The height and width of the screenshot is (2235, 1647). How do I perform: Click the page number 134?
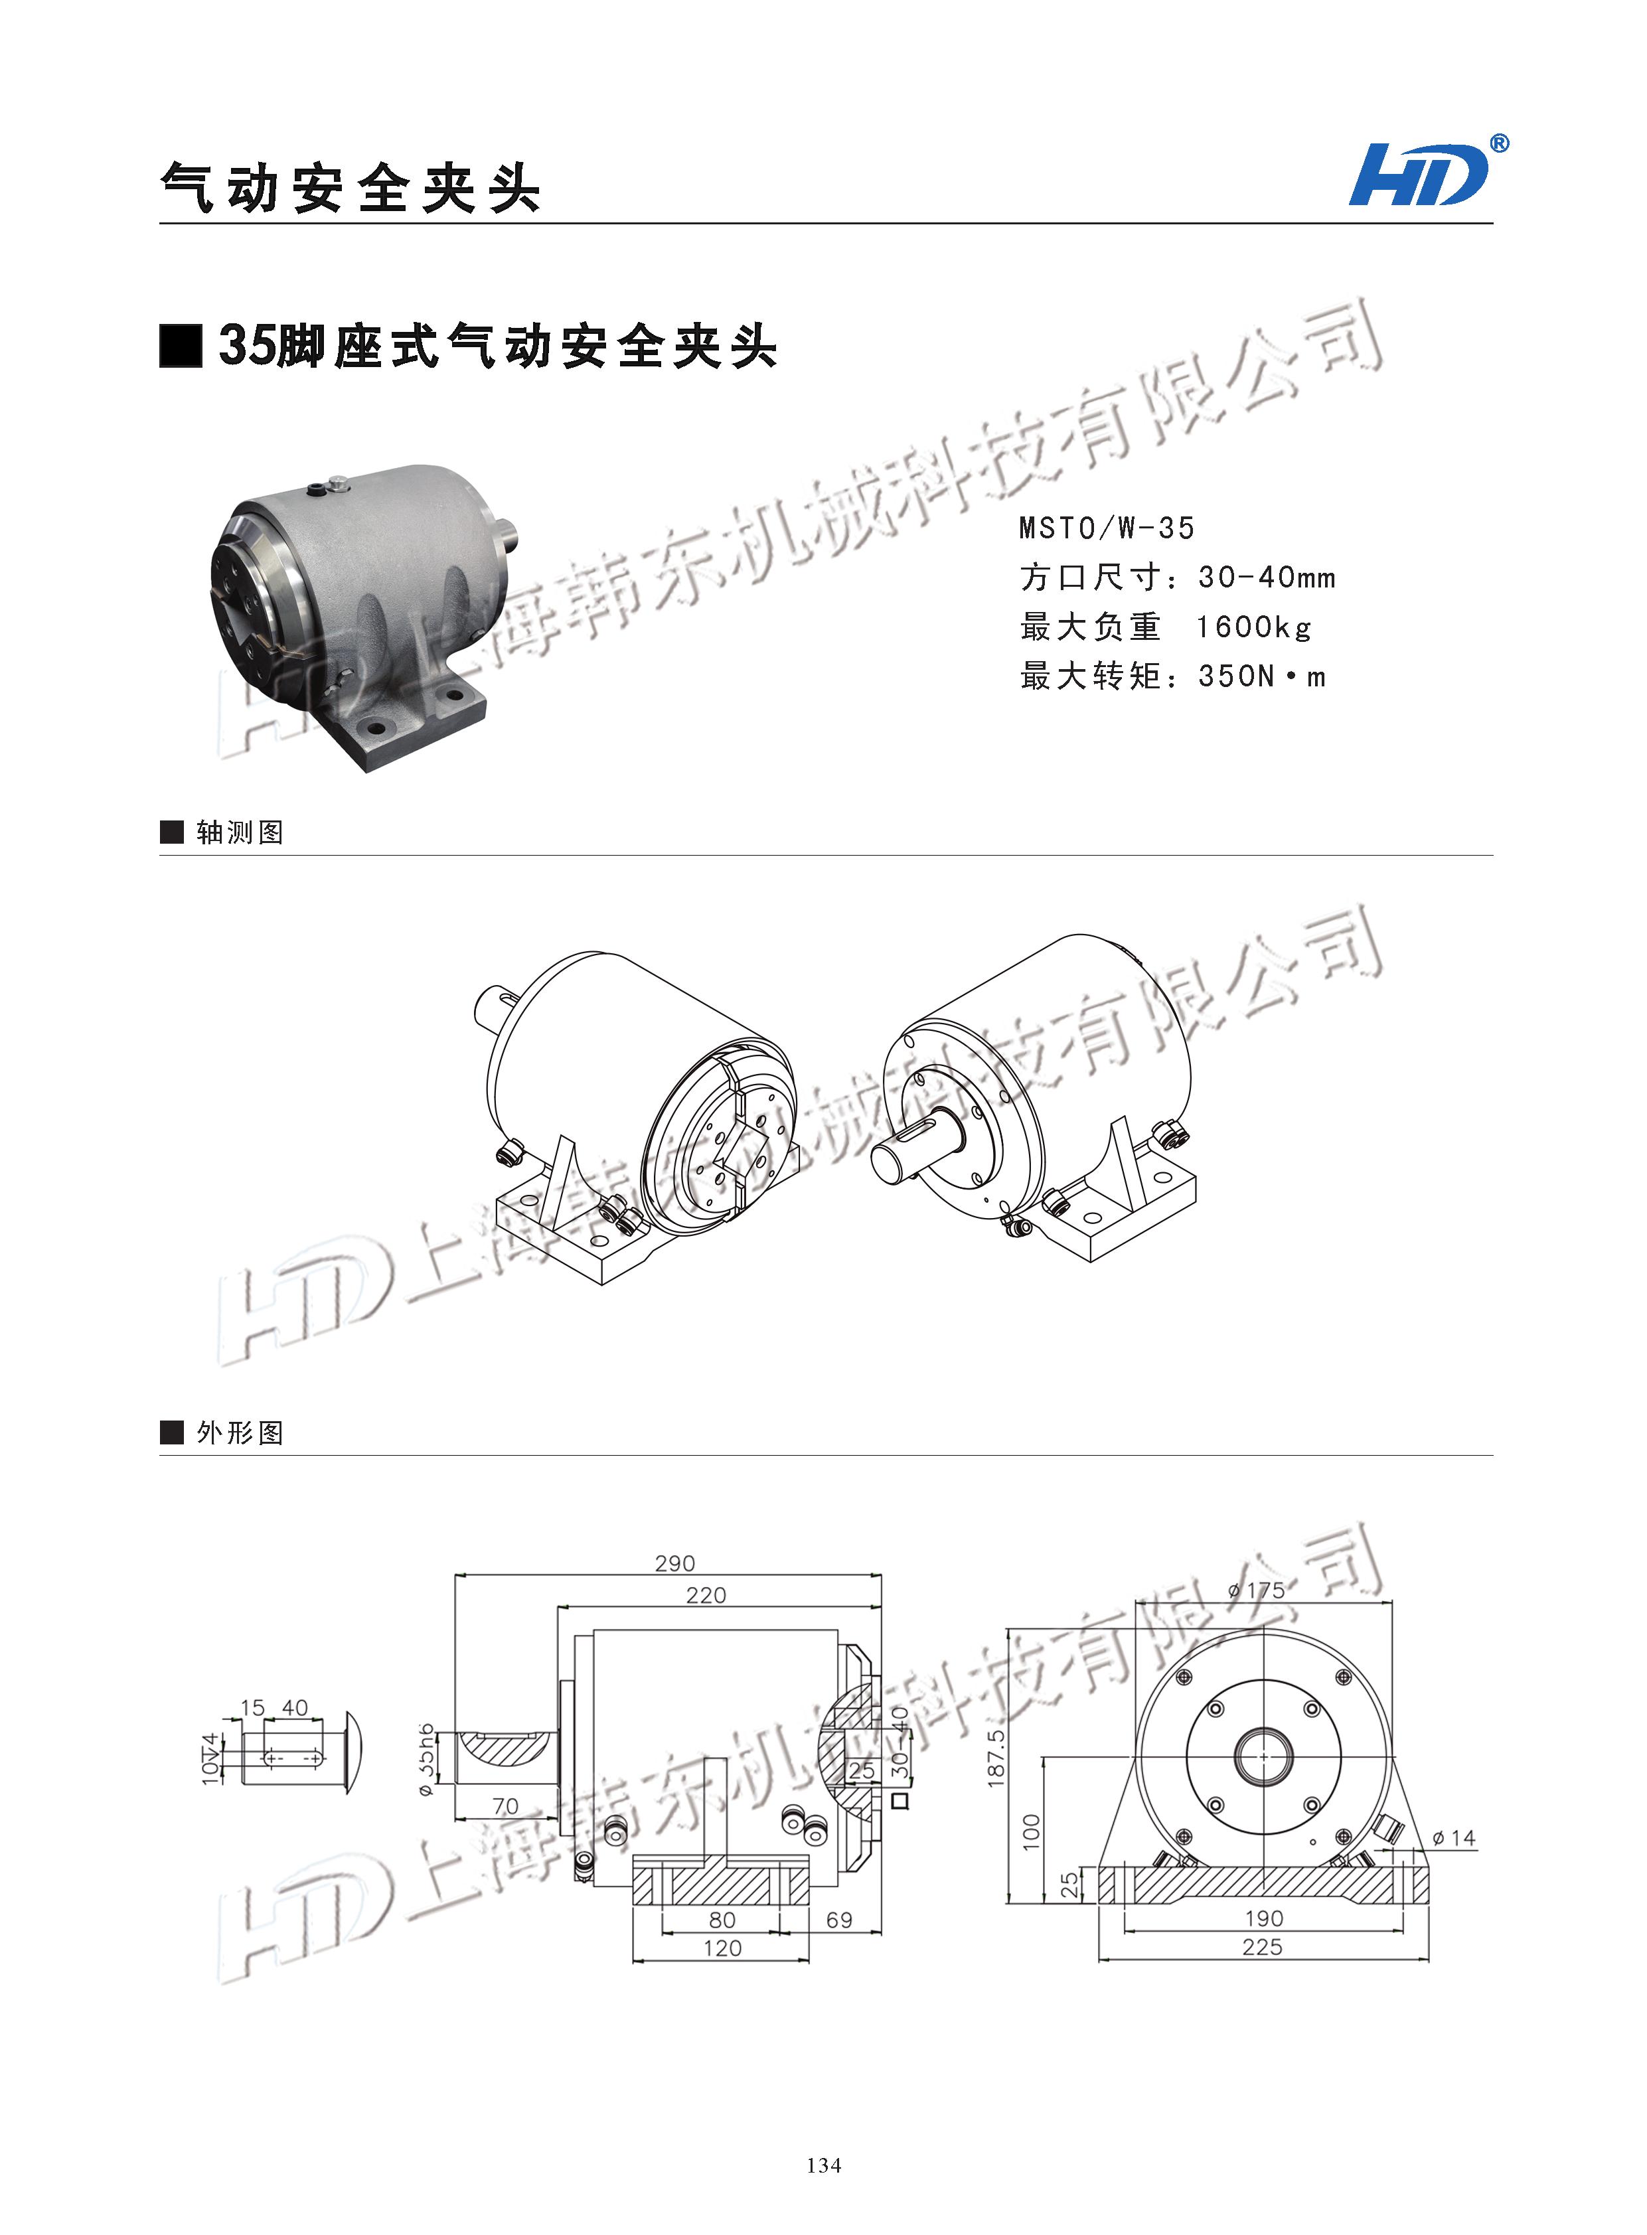[x=823, y=2164]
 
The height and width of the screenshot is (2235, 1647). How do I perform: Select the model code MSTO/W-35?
[x=1106, y=528]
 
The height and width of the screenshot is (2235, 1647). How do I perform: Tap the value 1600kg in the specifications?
[x=1253, y=627]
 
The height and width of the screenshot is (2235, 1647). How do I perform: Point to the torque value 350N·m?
[x=1262, y=677]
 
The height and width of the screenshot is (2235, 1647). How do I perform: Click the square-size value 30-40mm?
[x=1266, y=578]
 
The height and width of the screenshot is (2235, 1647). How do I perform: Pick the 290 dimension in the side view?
[x=675, y=1563]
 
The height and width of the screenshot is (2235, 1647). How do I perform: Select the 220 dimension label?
[x=706, y=1595]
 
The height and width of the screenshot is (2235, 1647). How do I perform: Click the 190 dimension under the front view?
[x=1263, y=1918]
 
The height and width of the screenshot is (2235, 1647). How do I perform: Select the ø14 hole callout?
[x=1454, y=1837]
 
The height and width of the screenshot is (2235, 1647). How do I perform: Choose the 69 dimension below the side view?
[x=840, y=1920]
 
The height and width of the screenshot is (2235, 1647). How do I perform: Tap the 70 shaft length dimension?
[x=505, y=1806]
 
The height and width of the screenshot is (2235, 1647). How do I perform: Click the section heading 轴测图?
[x=239, y=832]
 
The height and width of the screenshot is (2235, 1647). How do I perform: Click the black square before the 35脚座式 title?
[x=181, y=346]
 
